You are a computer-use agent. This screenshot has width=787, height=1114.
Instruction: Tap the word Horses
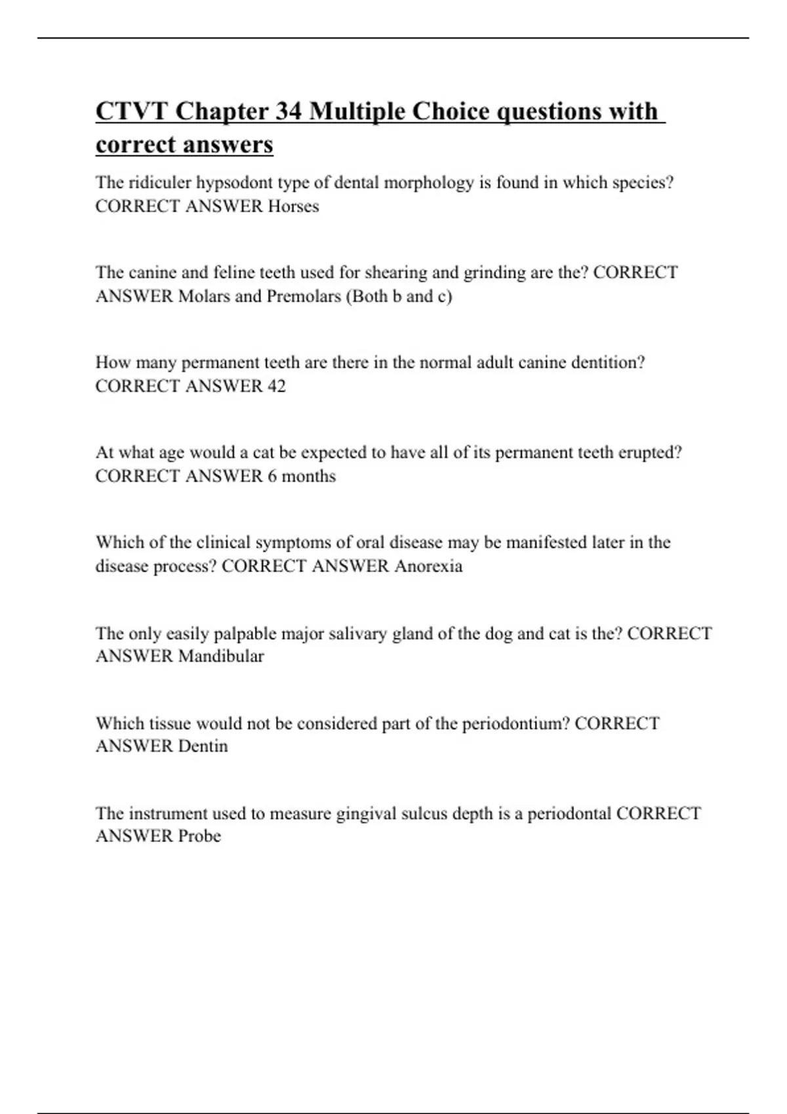click(293, 206)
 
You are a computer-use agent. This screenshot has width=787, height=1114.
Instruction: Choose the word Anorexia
click(428, 566)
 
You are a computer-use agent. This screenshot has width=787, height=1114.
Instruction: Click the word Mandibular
click(221, 656)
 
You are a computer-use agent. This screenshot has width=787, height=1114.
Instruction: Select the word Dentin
click(203, 746)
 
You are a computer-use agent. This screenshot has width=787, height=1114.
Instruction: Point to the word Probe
click(199, 835)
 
